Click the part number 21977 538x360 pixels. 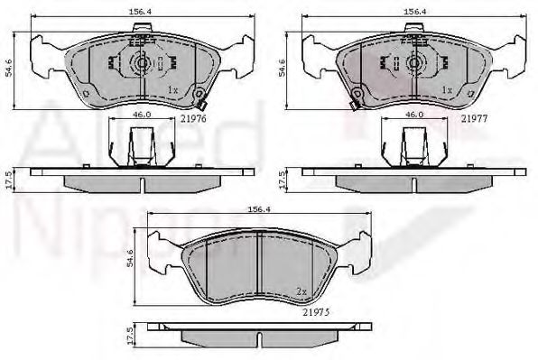tap(476, 117)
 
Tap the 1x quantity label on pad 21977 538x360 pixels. tap(447, 90)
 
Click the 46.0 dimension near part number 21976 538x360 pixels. tap(138, 115)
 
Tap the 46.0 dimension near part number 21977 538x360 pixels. tap(413, 115)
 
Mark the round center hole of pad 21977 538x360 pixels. tap(415, 64)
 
